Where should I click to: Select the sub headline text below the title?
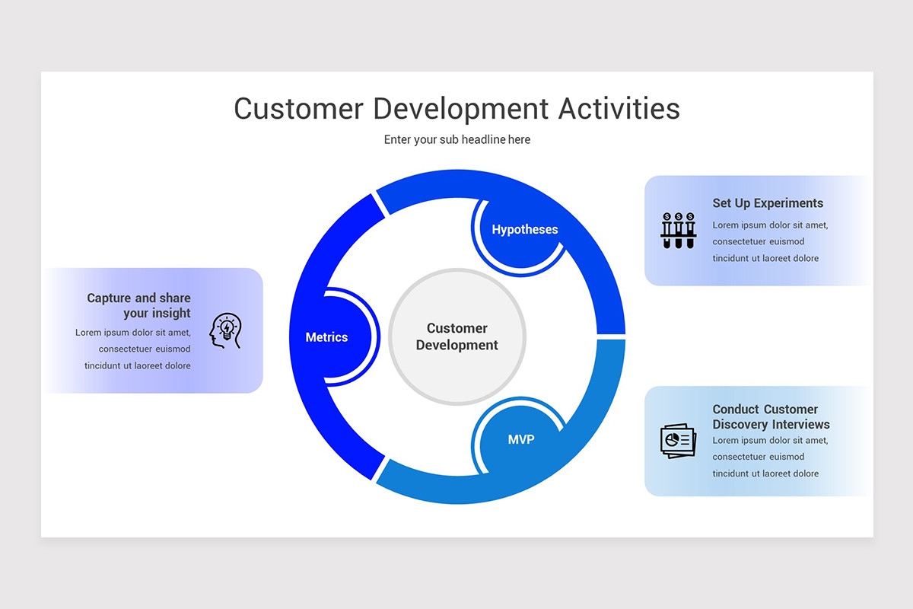pos(456,139)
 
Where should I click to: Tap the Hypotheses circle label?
pos(524,229)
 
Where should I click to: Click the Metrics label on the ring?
pos(326,337)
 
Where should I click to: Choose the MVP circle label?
pos(521,439)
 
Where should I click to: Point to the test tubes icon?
pos(678,230)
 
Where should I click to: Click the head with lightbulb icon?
pos(225,331)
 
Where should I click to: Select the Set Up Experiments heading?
pos(768,203)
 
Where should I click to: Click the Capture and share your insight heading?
pos(138,305)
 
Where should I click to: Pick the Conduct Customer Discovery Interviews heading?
pos(771,416)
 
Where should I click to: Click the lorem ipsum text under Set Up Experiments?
pos(770,242)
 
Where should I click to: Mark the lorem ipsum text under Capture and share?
pos(133,349)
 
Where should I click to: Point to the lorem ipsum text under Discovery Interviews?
pos(770,457)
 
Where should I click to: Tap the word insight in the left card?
pos(171,313)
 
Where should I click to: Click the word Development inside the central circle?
pos(456,345)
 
